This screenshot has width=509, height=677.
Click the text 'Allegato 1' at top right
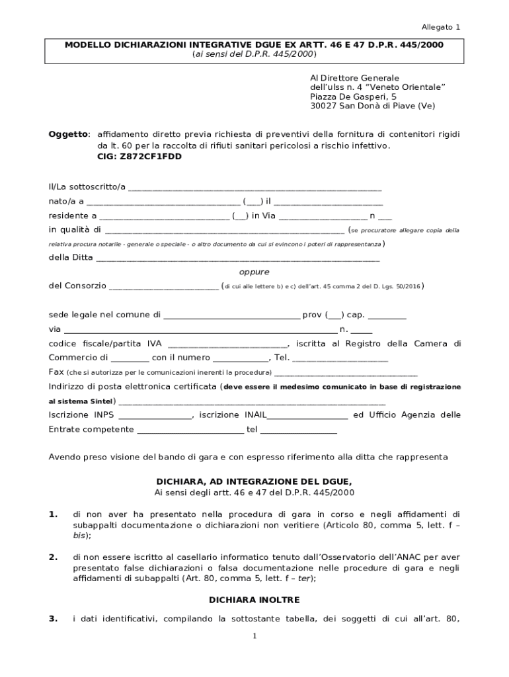tap(441, 27)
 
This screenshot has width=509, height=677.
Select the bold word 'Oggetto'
tap(68, 134)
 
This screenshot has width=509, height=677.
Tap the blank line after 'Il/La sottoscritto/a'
tap(255, 188)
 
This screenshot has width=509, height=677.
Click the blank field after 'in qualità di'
tap(225, 231)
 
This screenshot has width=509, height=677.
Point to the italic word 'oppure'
tap(254, 272)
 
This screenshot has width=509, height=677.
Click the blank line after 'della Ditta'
tap(238, 259)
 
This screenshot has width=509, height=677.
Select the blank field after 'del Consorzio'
tap(163, 287)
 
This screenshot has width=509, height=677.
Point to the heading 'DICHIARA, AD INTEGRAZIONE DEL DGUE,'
tap(255, 481)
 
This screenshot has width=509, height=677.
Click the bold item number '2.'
tap(53, 557)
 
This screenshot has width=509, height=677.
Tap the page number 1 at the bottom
tap(255, 636)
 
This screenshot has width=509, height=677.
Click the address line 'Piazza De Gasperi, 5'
tap(353, 97)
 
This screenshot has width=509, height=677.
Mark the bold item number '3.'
tap(53, 619)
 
